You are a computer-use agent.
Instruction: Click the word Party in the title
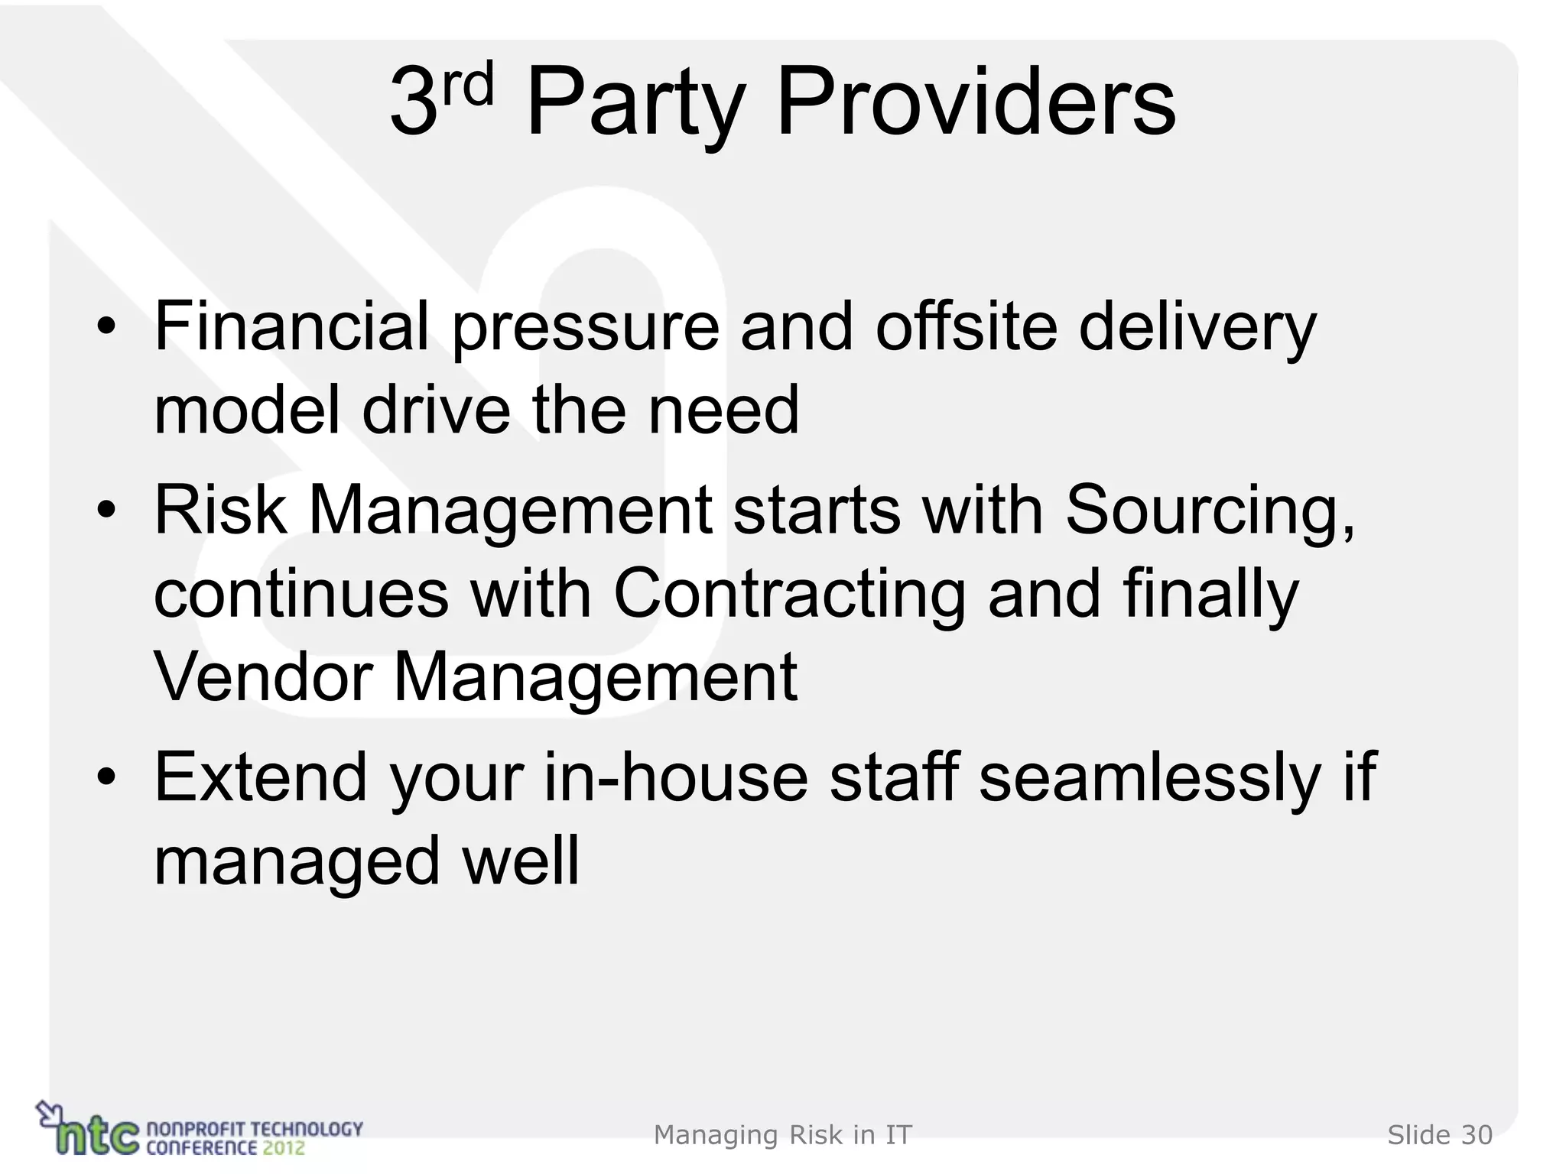tap(635, 103)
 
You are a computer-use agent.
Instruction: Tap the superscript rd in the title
tap(468, 86)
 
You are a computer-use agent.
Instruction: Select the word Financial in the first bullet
tap(291, 326)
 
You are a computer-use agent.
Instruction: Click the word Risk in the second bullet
tap(220, 510)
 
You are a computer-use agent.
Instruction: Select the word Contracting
tap(790, 594)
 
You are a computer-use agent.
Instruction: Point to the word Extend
tap(261, 777)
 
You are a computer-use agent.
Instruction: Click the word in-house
tap(676, 777)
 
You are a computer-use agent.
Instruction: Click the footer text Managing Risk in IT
tap(782, 1135)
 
